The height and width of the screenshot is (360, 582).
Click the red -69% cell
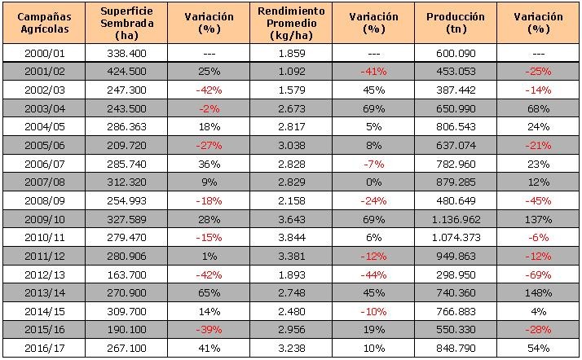(539, 275)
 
